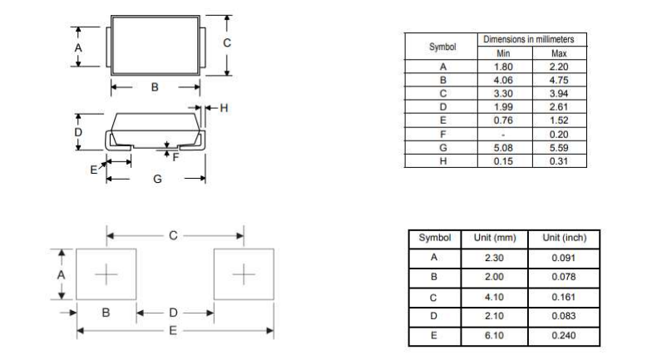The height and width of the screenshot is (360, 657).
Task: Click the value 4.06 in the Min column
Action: coord(503,80)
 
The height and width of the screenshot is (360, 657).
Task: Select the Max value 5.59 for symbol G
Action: coord(559,148)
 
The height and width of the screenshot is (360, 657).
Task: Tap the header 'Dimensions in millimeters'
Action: coord(529,39)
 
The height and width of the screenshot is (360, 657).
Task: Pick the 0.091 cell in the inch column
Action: coord(564,258)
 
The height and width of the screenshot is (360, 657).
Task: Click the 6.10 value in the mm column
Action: coord(495,335)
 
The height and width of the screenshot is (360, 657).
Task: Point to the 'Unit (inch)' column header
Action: coord(565,238)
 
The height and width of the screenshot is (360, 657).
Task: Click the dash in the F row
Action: coord(503,135)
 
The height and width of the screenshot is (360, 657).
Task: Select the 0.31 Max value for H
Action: coord(559,161)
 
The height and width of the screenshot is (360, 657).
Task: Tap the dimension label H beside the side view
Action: coord(225,108)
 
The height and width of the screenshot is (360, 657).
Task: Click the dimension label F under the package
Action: coord(175,157)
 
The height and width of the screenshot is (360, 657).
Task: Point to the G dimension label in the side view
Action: coord(157,179)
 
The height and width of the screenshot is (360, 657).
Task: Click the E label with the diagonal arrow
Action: coord(93,170)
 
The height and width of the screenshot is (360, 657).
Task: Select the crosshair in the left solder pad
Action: coord(106,274)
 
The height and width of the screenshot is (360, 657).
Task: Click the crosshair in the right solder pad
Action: coord(244,274)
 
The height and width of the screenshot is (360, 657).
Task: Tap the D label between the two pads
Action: coord(174,313)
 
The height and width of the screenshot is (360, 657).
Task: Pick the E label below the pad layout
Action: coord(173,331)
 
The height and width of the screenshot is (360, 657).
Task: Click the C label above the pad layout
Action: coord(173,235)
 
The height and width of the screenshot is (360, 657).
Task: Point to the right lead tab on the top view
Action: coord(203,47)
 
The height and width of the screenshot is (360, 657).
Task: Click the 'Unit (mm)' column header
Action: coord(495,238)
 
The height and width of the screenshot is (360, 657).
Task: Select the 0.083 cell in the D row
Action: coord(564,316)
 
